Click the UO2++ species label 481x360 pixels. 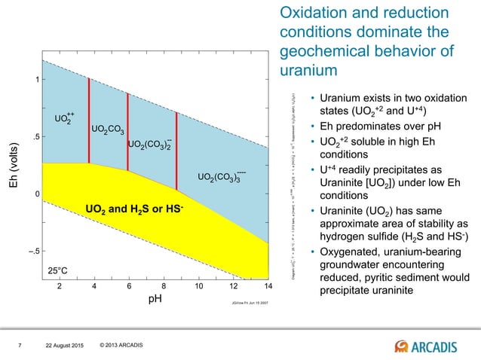click(x=65, y=118)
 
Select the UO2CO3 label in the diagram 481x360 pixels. click(x=108, y=130)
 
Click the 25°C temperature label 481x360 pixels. click(x=58, y=268)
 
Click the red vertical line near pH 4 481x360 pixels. click(x=89, y=121)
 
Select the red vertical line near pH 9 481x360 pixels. click(x=176, y=151)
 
